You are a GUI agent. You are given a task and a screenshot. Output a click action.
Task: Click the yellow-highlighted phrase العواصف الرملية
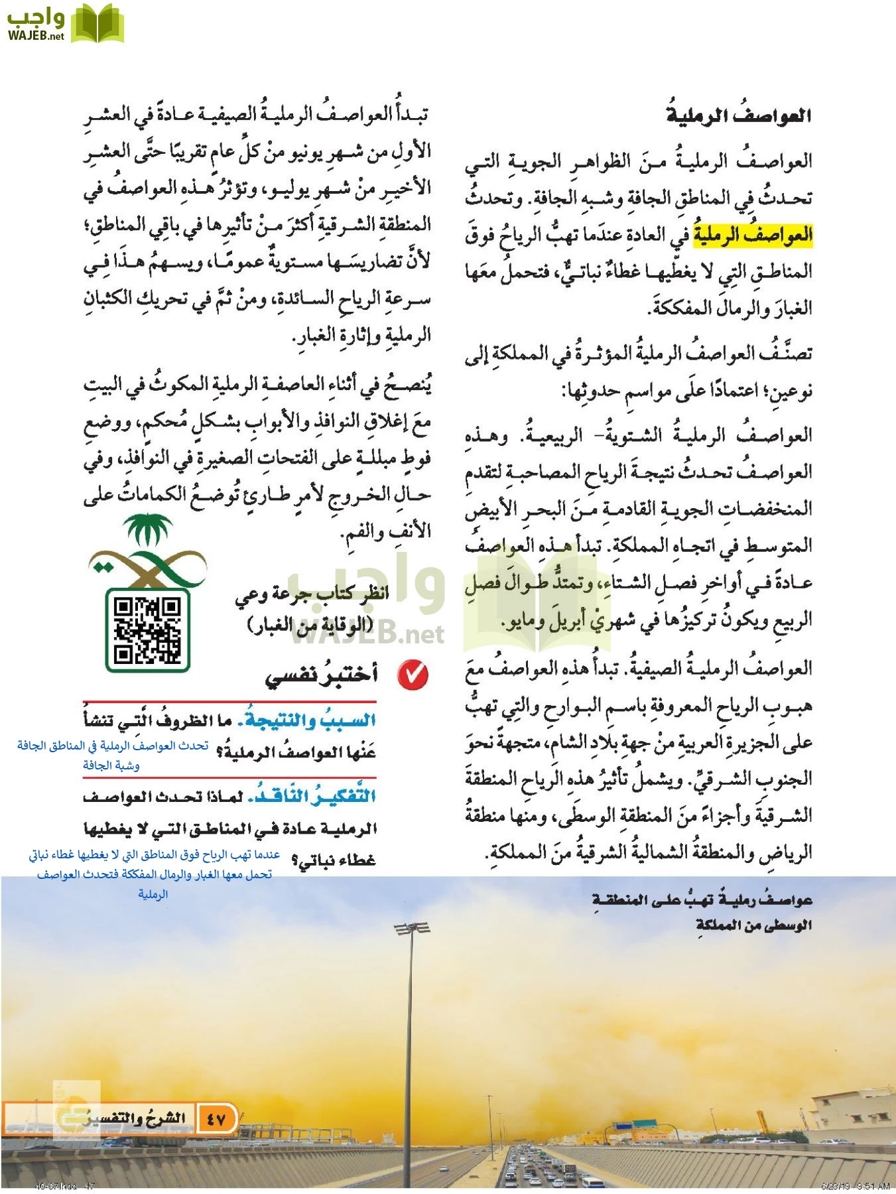pos(753,235)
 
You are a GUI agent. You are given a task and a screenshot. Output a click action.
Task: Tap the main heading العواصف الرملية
pos(739,115)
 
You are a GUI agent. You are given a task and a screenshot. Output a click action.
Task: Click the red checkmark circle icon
pos(413,675)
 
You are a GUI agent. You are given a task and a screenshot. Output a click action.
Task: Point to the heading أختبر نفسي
pos(321,675)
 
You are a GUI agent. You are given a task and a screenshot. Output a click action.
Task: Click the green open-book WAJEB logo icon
pos(97,25)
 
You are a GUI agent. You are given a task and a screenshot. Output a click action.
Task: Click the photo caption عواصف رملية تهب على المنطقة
pos(702,900)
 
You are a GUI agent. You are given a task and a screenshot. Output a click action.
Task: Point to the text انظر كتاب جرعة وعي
pos(312,594)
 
